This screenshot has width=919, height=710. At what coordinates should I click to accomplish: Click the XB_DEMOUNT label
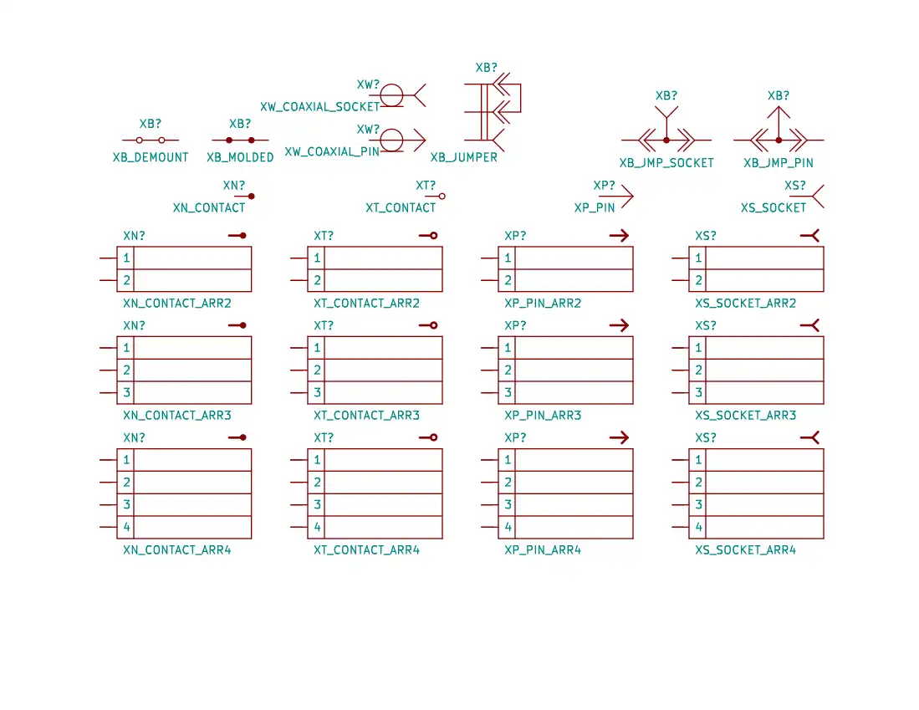tap(151, 157)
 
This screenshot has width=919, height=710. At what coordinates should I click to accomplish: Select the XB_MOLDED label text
tap(240, 157)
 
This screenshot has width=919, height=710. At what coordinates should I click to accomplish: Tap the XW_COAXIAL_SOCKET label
tap(320, 107)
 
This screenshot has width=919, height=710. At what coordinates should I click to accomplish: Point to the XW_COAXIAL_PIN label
tap(332, 152)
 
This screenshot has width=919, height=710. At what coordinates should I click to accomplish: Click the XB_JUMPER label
tap(464, 157)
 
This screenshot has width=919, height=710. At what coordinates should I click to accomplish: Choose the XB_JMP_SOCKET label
tap(666, 163)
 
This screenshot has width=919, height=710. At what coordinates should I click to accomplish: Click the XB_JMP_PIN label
tap(779, 163)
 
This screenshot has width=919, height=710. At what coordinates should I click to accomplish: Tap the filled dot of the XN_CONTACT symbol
tap(251, 196)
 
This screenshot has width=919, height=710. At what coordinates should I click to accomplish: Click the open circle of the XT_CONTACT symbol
tap(442, 196)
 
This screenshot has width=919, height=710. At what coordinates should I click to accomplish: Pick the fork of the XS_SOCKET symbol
tap(818, 196)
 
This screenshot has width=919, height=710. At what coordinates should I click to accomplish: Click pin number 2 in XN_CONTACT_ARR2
tap(127, 281)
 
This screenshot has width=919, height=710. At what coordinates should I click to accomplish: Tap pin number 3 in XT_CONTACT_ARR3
tap(318, 393)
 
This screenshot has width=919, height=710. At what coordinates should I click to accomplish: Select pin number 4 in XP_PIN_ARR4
tap(508, 528)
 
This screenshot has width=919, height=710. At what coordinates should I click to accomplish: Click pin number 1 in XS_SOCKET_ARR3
tap(699, 348)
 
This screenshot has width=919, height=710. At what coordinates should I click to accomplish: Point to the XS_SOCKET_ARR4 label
tap(746, 550)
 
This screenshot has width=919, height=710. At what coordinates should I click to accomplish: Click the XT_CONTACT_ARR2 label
tap(366, 304)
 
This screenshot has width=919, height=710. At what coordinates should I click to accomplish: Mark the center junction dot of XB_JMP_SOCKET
tap(666, 140)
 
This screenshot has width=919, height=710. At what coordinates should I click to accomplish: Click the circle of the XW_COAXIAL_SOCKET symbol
tap(392, 95)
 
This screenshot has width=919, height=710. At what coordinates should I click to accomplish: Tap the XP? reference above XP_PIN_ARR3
tap(516, 325)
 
